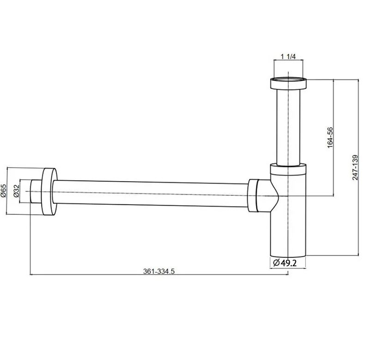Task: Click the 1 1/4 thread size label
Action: (x=288, y=56)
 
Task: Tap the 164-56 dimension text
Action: (x=330, y=138)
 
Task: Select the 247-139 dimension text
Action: (x=355, y=167)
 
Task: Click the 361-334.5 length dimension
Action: (x=159, y=271)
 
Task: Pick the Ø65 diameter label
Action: (x=3, y=191)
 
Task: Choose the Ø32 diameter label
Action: (x=16, y=191)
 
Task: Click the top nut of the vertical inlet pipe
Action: (x=288, y=84)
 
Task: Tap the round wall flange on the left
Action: (x=49, y=191)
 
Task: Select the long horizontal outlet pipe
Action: (x=150, y=193)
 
